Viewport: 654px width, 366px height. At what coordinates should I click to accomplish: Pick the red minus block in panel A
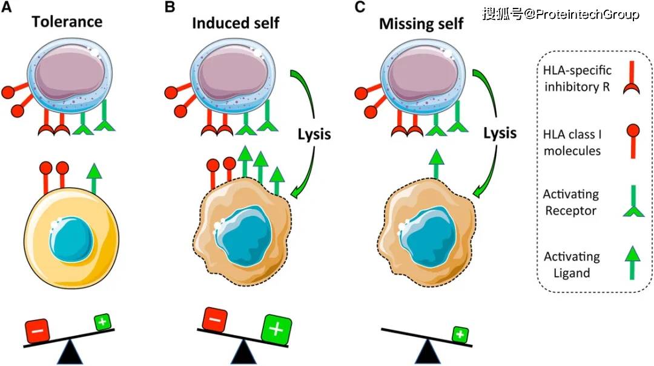37,331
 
